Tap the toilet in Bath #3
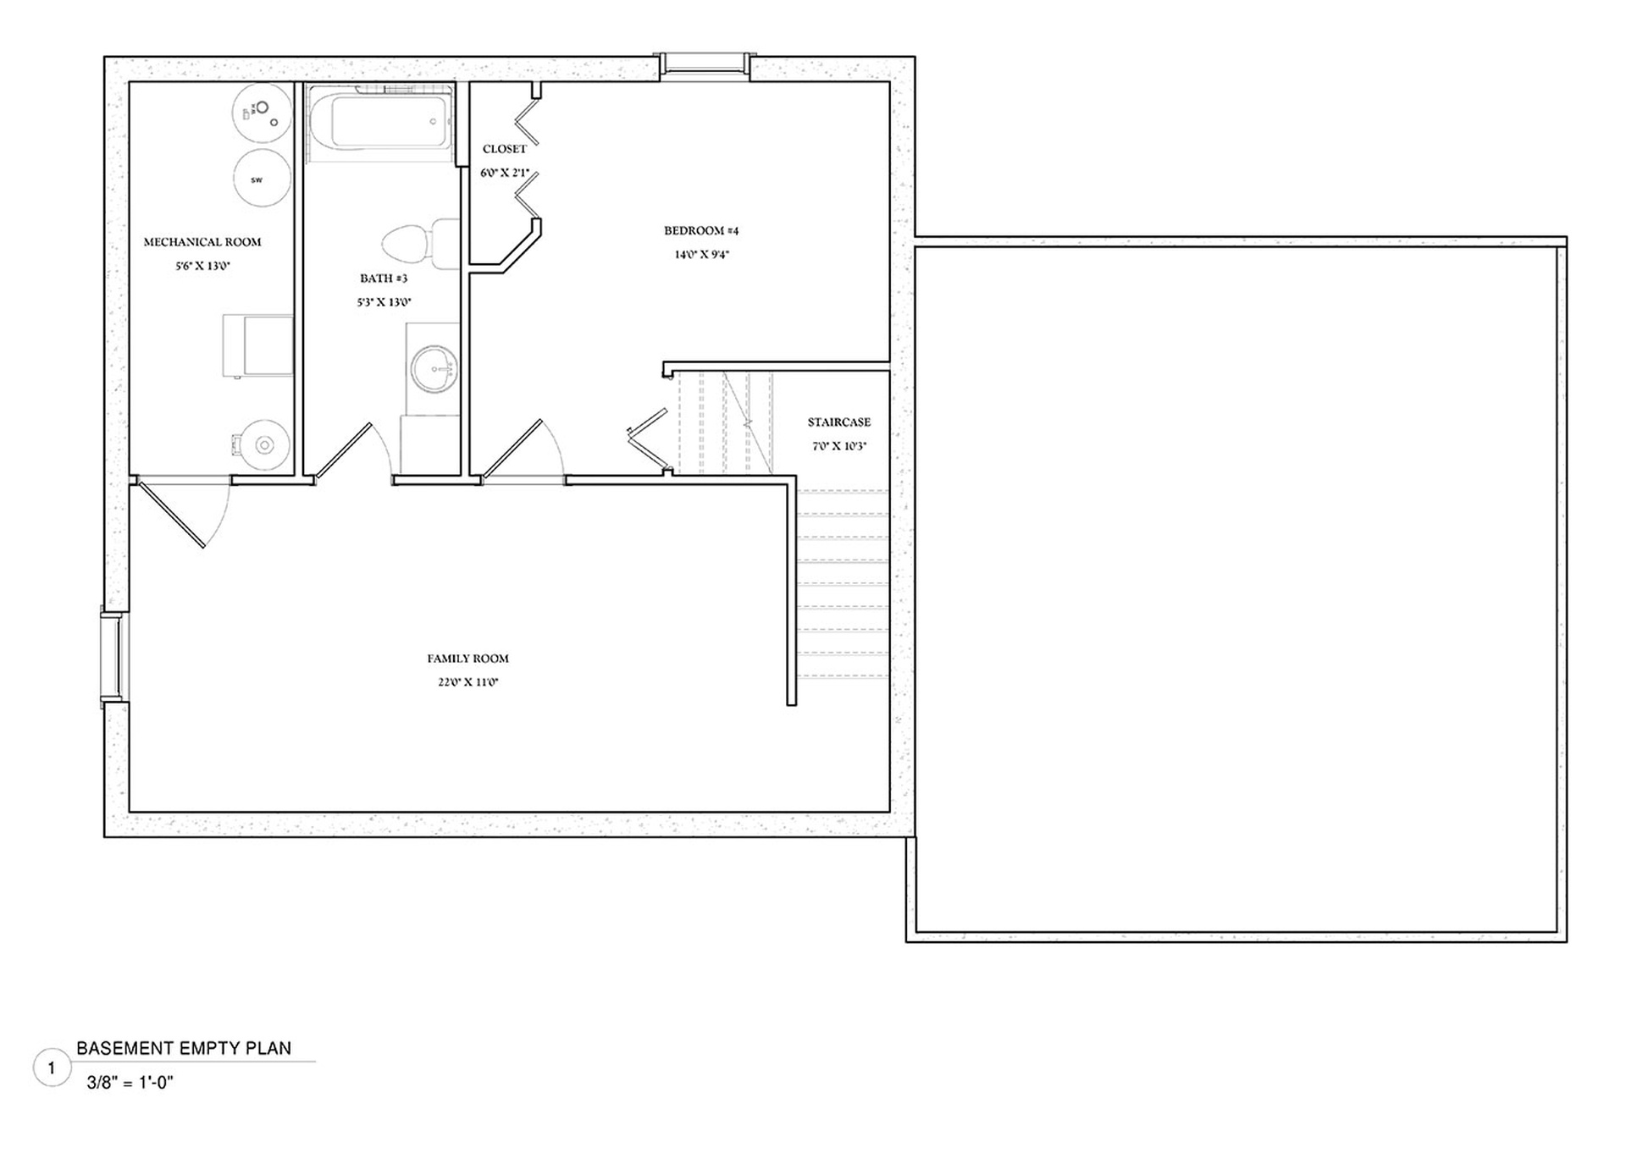pyautogui.click(x=420, y=244)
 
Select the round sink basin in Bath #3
pyautogui.click(x=434, y=370)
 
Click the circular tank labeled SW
pyautogui.click(x=261, y=179)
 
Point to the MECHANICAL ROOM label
pyautogui.click(x=202, y=242)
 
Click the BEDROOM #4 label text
pyautogui.click(x=701, y=230)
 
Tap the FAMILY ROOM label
pyautogui.click(x=467, y=659)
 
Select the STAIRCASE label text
pyautogui.click(x=838, y=422)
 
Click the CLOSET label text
pyautogui.click(x=505, y=149)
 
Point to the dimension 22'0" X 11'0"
pyautogui.click(x=467, y=682)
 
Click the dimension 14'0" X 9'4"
pyautogui.click(x=701, y=254)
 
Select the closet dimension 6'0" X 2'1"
pyautogui.click(x=505, y=173)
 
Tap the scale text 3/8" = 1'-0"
pyautogui.click(x=130, y=1082)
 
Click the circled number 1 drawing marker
pyautogui.click(x=52, y=1068)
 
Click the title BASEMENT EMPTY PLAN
pyautogui.click(x=184, y=1048)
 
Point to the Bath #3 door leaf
pyautogui.click(x=343, y=452)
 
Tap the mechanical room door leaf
pyautogui.click(x=170, y=515)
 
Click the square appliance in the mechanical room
pyautogui.click(x=257, y=345)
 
